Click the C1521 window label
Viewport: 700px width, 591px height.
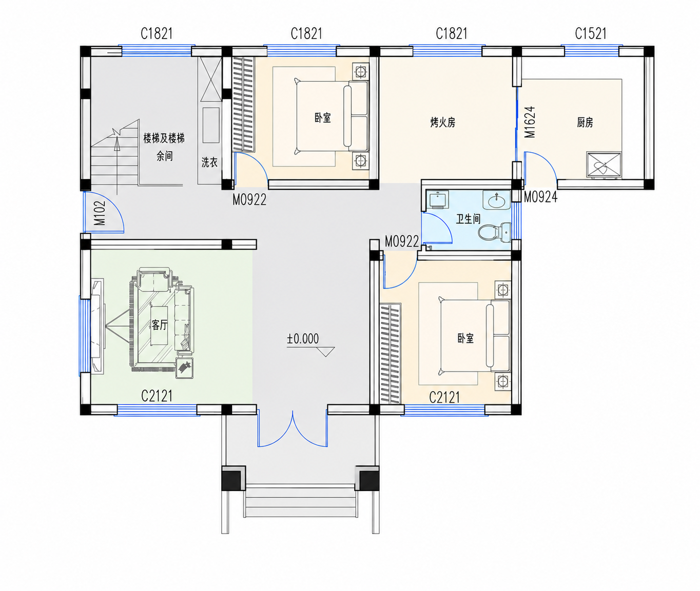(591, 33)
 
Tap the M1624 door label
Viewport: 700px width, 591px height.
(530, 122)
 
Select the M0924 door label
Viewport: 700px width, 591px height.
(540, 197)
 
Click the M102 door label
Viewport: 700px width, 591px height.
(100, 213)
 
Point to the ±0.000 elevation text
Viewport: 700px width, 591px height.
(303, 339)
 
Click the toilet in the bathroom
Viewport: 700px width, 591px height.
(494, 232)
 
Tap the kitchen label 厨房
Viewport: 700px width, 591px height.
(585, 123)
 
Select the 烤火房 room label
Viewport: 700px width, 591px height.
(442, 123)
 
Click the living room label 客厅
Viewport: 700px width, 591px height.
(159, 325)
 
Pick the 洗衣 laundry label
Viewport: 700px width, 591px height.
(209, 162)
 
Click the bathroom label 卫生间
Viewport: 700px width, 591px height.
(468, 219)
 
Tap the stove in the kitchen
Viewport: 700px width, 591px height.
(604, 165)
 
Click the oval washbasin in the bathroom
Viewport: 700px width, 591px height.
(496, 200)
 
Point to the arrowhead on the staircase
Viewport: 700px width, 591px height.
(117, 145)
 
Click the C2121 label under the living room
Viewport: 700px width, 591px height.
(157, 396)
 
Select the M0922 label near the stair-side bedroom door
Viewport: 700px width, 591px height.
(249, 200)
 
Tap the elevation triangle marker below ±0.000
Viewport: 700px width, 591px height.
(326, 352)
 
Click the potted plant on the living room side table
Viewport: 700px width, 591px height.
(185, 368)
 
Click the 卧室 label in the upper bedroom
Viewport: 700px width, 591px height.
(322, 118)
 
